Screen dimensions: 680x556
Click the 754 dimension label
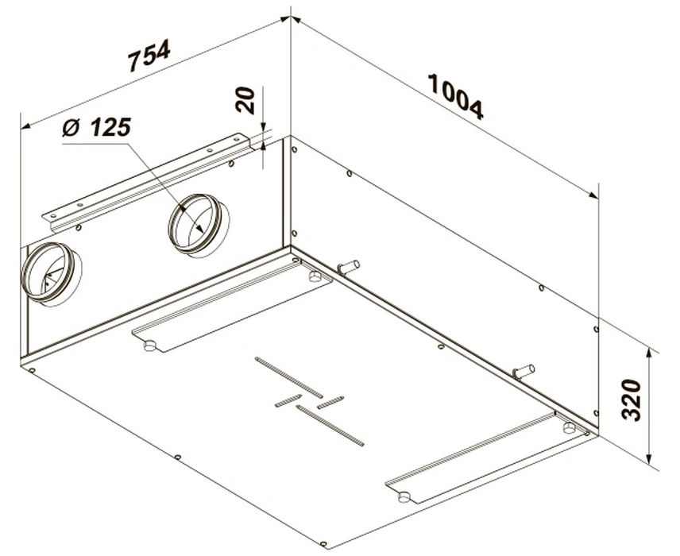pyautogui.click(x=149, y=55)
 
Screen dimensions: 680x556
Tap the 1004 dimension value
pyautogui.click(x=455, y=96)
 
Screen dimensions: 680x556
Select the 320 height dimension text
pyautogui.click(x=631, y=400)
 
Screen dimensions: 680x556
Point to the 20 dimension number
pyautogui.click(x=245, y=100)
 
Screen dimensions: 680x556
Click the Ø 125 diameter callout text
pyautogui.click(x=96, y=127)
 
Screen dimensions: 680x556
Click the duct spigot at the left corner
pyautogui.click(x=51, y=274)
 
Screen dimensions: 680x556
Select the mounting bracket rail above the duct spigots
pyautogui.click(x=149, y=182)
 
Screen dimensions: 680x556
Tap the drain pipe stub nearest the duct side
pyautogui.click(x=349, y=267)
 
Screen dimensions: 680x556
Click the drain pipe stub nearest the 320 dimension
pyautogui.click(x=524, y=372)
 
